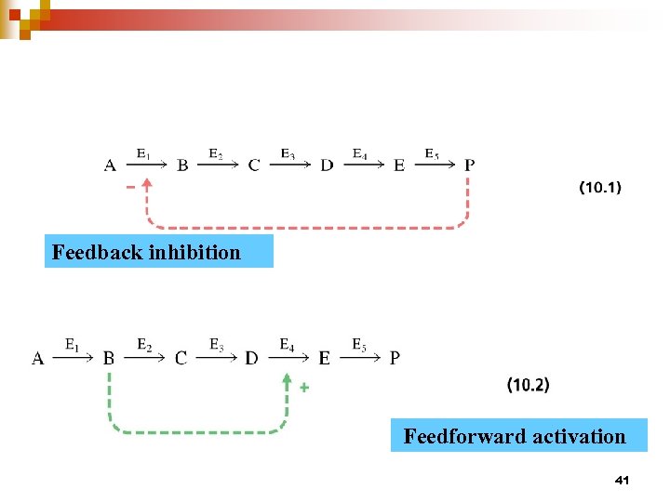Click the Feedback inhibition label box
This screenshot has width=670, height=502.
pyautogui.click(x=159, y=251)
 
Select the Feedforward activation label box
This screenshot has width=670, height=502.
pyautogui.click(x=518, y=435)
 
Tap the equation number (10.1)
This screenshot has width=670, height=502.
pyautogui.click(x=600, y=188)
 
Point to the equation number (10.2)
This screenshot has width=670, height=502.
pyautogui.click(x=528, y=384)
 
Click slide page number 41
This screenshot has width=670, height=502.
pyautogui.click(x=623, y=480)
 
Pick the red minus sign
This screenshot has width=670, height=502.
pyautogui.click(x=130, y=187)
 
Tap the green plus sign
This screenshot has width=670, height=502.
pyautogui.click(x=304, y=389)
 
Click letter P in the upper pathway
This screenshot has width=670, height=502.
pyautogui.click(x=469, y=165)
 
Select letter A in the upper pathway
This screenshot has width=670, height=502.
pyautogui.click(x=110, y=165)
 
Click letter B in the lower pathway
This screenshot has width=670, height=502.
pyautogui.click(x=109, y=358)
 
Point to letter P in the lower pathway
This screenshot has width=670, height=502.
pyautogui.click(x=395, y=358)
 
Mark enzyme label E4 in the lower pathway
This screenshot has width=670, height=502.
pyautogui.click(x=288, y=345)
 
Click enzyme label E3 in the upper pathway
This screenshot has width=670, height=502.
pyautogui.click(x=288, y=153)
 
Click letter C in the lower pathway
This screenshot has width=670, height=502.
pyautogui.click(x=181, y=358)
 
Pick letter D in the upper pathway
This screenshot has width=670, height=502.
pyautogui.click(x=327, y=165)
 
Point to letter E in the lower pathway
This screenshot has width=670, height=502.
pyautogui.click(x=324, y=358)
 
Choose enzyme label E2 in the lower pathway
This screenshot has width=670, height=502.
pyautogui.click(x=145, y=345)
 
